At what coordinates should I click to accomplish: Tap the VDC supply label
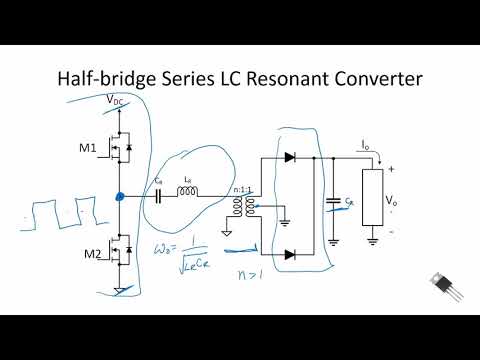(116, 100)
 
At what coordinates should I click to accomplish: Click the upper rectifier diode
(290, 157)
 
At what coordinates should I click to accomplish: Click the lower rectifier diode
(290, 254)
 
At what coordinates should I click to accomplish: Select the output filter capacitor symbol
(333, 203)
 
